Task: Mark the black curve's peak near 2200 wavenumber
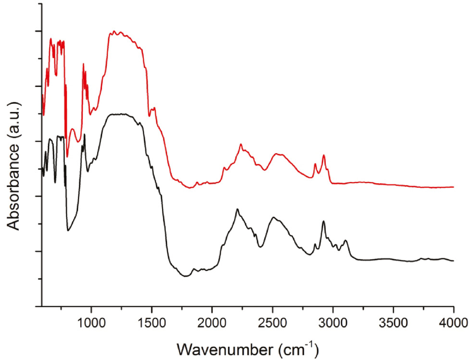[237, 209]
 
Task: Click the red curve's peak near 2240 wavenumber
[241, 144]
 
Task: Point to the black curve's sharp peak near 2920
[323, 221]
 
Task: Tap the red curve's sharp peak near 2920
[324, 155]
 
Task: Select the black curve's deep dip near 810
[68, 231]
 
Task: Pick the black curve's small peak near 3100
[346, 240]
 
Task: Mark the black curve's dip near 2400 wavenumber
[260, 247]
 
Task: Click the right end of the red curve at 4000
[453, 187]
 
